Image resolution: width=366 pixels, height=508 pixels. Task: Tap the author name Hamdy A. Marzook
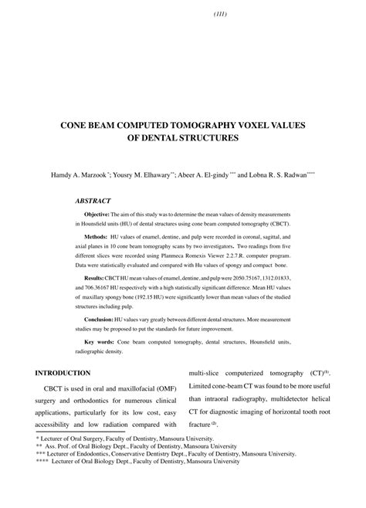point(80,176)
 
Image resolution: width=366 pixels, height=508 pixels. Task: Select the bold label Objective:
point(97,212)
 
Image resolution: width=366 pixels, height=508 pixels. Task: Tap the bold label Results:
point(94,276)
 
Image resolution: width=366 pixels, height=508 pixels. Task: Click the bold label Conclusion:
point(98,319)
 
